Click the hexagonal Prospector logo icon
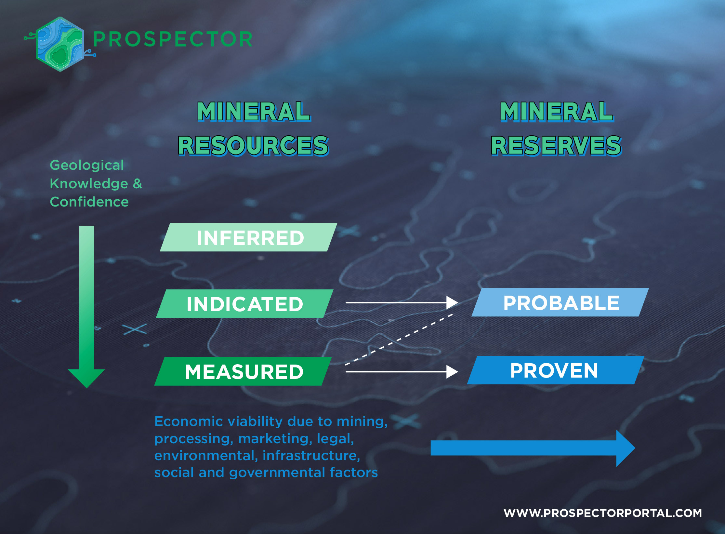[x=60, y=44]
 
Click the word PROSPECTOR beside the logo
[x=173, y=39]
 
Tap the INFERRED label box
[x=249, y=237]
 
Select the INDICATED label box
[x=245, y=304]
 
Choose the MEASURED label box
[x=244, y=371]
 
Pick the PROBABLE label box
[x=560, y=302]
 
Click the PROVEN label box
[x=555, y=370]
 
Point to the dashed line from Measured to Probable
[x=399, y=339]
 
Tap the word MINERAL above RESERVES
[x=556, y=111]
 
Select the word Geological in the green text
[x=87, y=165]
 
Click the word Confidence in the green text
[x=89, y=202]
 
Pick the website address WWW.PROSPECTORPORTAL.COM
[x=602, y=513]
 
